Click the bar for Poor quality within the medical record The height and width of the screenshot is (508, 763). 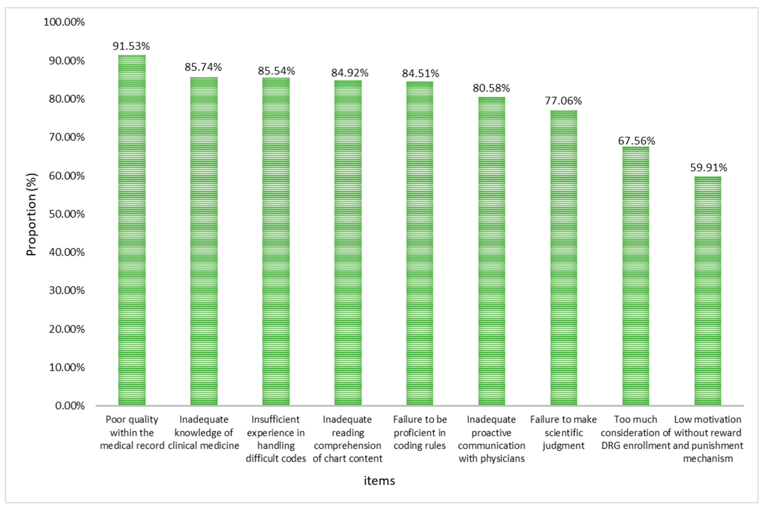132,230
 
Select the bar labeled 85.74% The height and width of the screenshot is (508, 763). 204,241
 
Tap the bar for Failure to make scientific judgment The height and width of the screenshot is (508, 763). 563,257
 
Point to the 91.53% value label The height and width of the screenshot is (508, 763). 131,46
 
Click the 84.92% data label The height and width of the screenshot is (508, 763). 349,73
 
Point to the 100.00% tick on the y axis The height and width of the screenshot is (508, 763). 64,22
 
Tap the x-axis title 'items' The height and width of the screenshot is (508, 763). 379,480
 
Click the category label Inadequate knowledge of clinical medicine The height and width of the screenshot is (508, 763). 204,432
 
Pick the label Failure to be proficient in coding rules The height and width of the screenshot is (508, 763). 420,432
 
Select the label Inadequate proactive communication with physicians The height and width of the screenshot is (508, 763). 491,439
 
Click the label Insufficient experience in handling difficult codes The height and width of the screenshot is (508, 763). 276,439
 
